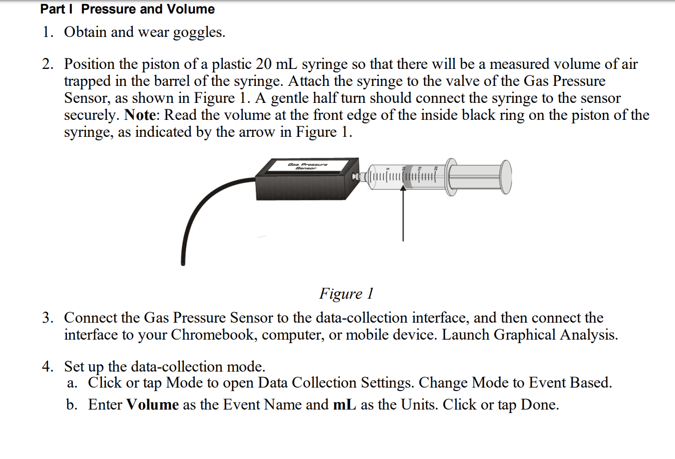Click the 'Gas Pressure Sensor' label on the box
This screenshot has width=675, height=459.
[307, 166]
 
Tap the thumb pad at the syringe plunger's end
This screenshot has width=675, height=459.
[506, 176]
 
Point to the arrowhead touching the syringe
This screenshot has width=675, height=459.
[403, 189]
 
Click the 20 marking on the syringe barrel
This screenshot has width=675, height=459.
[435, 168]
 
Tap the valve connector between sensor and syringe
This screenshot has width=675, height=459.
[360, 176]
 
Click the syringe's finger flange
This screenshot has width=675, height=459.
[451, 177]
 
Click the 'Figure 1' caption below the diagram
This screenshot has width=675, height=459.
[346, 293]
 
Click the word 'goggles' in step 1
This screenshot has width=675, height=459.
[198, 32]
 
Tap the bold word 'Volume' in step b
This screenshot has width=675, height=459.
[152, 405]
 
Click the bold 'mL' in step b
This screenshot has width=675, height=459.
[344, 405]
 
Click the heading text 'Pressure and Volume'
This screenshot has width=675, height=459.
[148, 9]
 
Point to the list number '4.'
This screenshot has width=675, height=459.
[48, 367]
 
